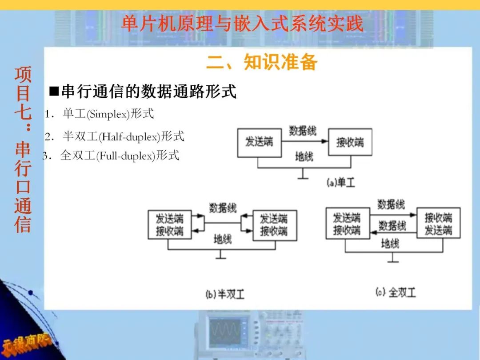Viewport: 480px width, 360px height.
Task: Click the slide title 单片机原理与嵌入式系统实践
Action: click(x=242, y=23)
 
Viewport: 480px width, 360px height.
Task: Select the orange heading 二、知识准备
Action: click(x=261, y=62)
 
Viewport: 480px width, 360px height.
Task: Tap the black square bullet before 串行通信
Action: click(x=54, y=92)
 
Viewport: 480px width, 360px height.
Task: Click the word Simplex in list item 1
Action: click(x=108, y=114)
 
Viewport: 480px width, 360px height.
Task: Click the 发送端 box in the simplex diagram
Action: click(x=260, y=142)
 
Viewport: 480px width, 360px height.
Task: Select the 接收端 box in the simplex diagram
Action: click(x=350, y=142)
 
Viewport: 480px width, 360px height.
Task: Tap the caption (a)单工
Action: click(x=341, y=182)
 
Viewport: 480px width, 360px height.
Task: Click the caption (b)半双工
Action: click(x=225, y=294)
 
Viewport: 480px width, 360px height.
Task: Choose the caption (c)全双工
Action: click(x=396, y=292)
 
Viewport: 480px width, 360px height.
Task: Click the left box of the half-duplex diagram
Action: click(x=170, y=225)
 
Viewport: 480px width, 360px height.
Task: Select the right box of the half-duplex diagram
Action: click(x=274, y=225)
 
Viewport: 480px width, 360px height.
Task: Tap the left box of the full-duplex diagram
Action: click(x=347, y=224)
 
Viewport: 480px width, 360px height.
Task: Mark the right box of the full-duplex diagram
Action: click(x=438, y=224)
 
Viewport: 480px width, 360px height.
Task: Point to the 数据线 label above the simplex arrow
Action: click(x=303, y=131)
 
